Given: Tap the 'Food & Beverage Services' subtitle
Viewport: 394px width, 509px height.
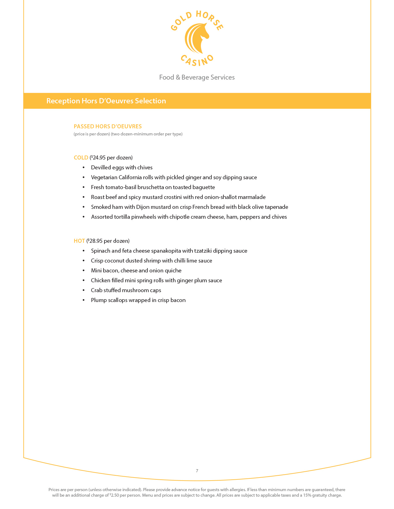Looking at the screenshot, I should [x=197, y=77].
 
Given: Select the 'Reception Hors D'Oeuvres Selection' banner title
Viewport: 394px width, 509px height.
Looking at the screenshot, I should [x=106, y=101].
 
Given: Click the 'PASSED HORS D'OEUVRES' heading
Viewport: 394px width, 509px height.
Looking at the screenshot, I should [x=108, y=126].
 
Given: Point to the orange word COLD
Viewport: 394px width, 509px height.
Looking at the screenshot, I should [x=81, y=158].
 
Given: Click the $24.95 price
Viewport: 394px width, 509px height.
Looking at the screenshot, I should [x=98, y=158].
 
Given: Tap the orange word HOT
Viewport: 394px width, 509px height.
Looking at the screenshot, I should [x=79, y=241].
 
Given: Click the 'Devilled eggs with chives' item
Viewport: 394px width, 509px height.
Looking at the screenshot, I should [x=121, y=168].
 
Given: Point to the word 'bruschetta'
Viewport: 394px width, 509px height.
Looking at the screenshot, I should [x=150, y=187].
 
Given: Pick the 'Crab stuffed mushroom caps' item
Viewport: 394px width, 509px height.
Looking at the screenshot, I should [x=126, y=290].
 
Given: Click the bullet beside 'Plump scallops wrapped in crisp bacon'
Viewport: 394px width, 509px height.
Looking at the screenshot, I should [x=83, y=300].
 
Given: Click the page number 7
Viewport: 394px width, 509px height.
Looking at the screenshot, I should [x=197, y=471].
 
